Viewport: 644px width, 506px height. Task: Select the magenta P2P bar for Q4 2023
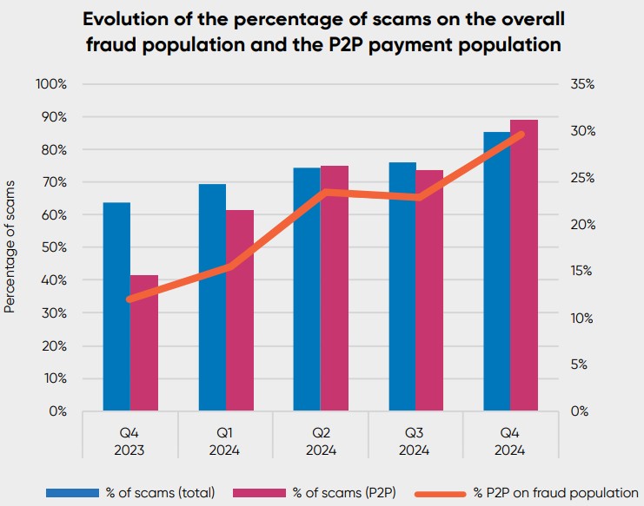coord(144,343)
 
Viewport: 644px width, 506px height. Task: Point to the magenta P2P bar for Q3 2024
coord(429,290)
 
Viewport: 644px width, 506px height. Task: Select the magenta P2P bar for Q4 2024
coord(524,265)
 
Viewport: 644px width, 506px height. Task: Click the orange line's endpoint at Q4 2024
coord(521,134)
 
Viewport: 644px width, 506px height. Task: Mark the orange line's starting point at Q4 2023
coord(130,299)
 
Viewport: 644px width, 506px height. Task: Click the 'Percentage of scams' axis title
coord(10,247)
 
